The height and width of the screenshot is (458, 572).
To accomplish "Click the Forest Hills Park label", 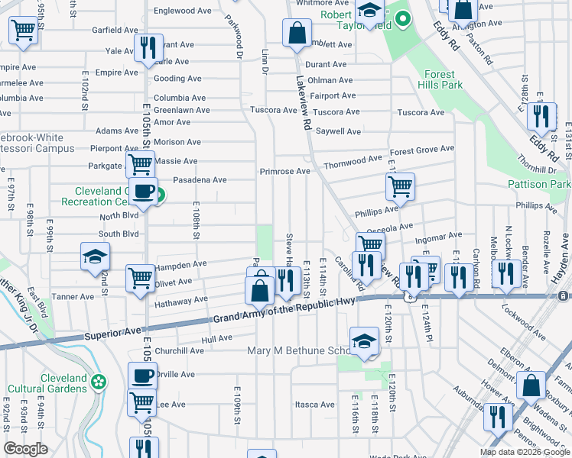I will [x=443, y=79].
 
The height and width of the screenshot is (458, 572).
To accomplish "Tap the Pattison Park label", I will [x=538, y=184].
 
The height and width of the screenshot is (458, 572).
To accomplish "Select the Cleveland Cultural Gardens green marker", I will [x=98, y=381].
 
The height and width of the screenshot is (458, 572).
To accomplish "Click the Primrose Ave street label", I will [x=284, y=172].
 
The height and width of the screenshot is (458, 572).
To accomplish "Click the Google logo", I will [x=25, y=449].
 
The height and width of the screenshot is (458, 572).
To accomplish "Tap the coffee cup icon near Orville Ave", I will [x=142, y=376].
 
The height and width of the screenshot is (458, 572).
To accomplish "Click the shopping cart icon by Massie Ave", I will [x=140, y=163].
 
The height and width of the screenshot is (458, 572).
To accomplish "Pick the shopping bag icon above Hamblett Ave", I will [x=295, y=33].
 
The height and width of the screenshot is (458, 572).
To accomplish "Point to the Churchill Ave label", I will [x=180, y=350].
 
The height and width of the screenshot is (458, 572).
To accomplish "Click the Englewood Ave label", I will [x=183, y=11].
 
